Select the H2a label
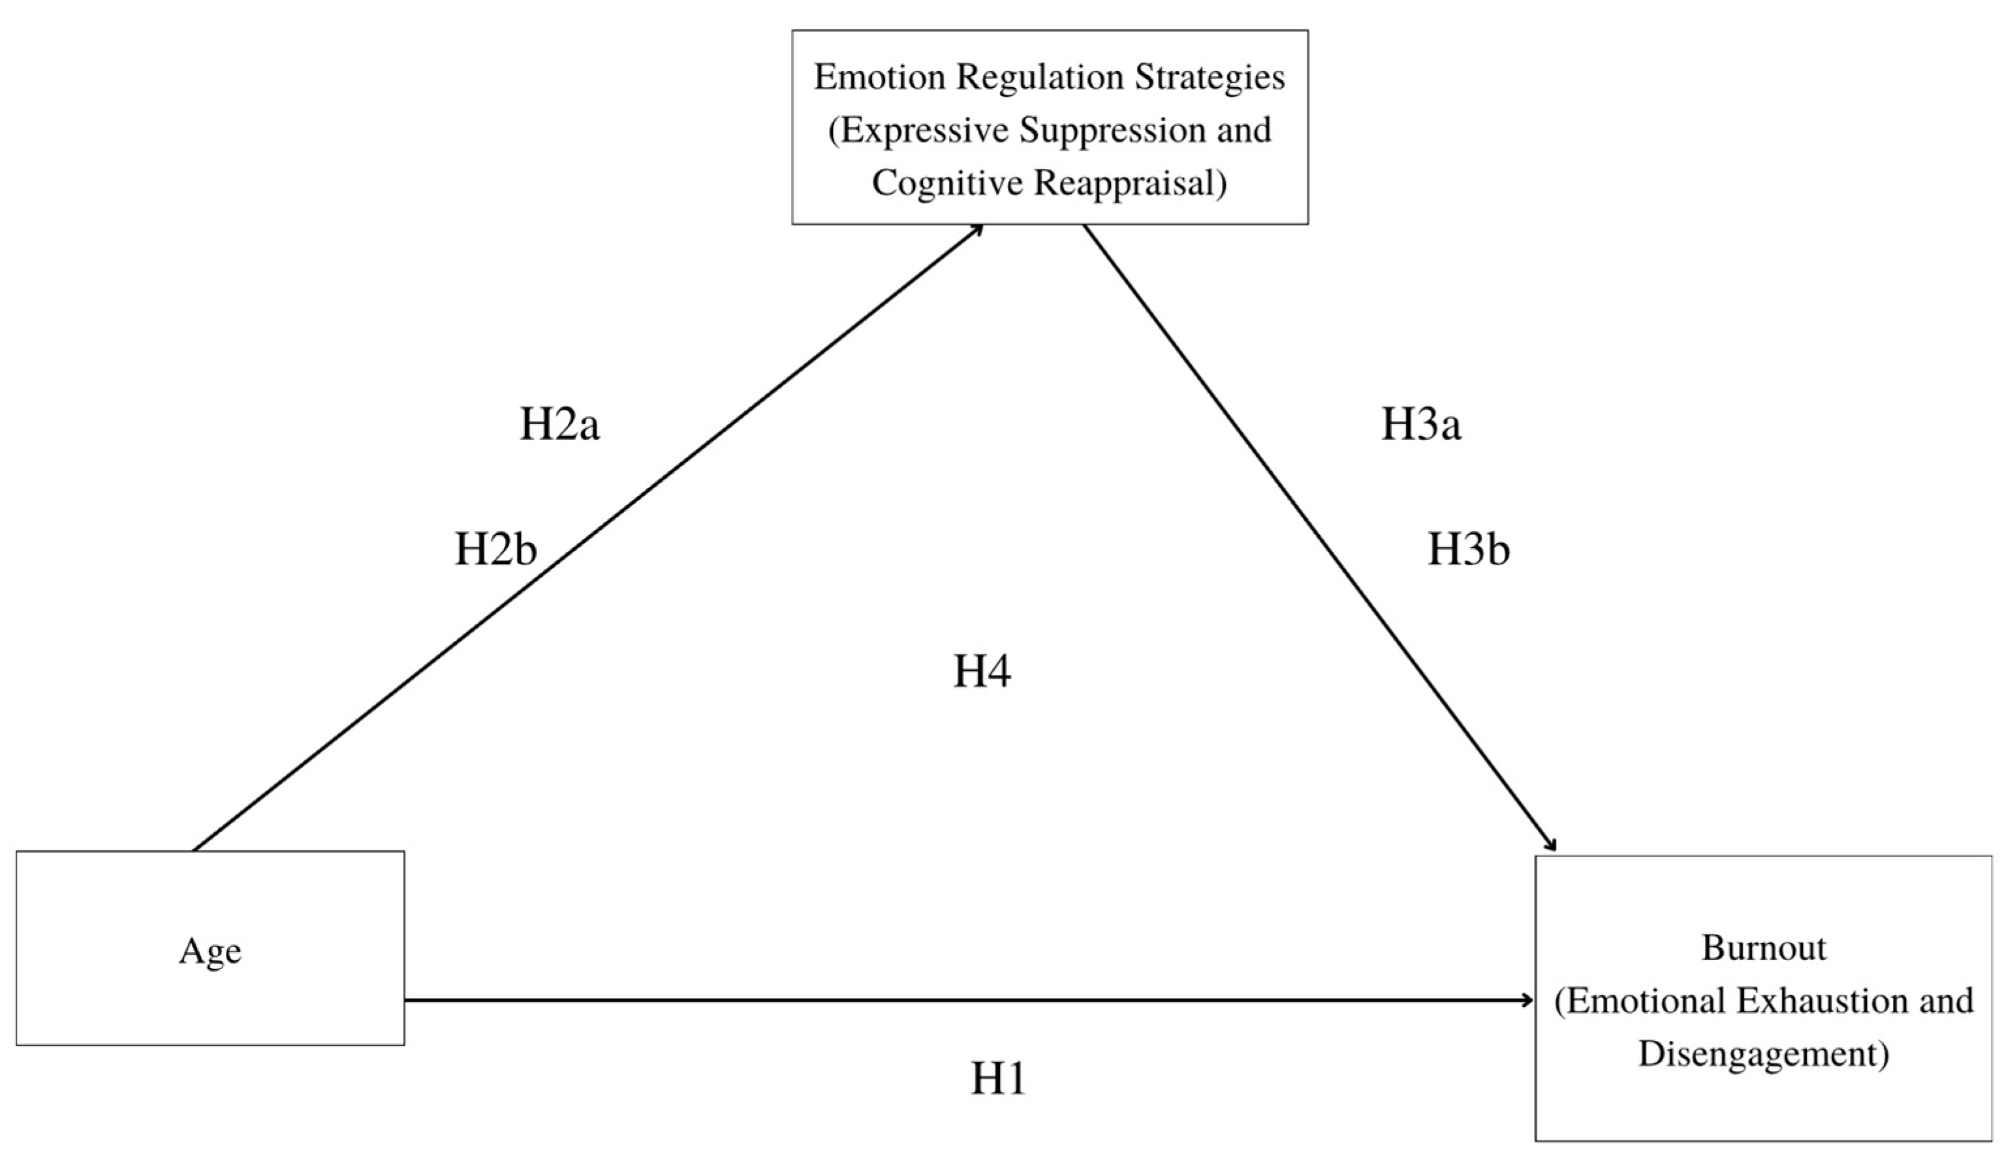[x=559, y=424]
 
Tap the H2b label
[x=495, y=550]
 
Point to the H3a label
[x=1420, y=424]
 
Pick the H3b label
[x=1467, y=550]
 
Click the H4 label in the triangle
[x=982, y=671]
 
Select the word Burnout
[x=1764, y=948]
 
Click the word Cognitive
[x=948, y=183]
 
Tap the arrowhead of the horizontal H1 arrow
[x=1527, y=1000]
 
